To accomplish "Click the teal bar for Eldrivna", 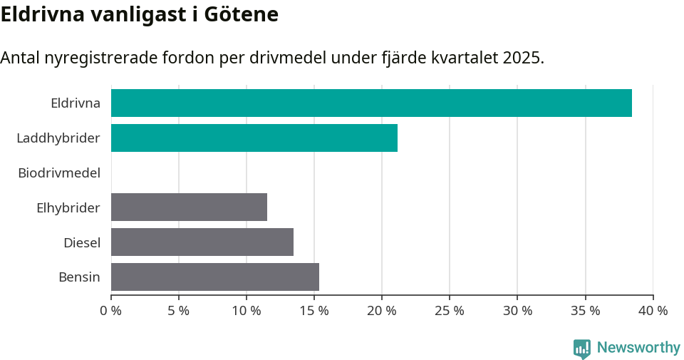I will click(x=371, y=103).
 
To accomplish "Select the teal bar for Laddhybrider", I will click(x=254, y=138).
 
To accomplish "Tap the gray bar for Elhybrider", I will click(x=189, y=207).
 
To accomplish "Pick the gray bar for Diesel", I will click(x=202, y=242).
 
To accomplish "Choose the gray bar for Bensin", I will click(x=215, y=277).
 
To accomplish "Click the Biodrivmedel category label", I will click(x=59, y=173).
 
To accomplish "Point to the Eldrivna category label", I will click(x=76, y=103).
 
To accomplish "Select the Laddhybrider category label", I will click(x=58, y=138).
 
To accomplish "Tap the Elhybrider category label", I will click(x=68, y=207).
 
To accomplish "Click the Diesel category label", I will click(x=82, y=242).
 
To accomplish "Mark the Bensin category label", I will click(x=79, y=277).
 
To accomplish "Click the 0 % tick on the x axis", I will click(x=111, y=311).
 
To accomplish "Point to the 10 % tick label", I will click(x=247, y=311).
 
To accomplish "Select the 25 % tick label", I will click(x=450, y=311).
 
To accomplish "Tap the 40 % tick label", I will click(x=653, y=311).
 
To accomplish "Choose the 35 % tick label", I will click(x=585, y=311).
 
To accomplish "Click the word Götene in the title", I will click(x=241, y=14).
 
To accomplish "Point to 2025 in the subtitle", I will click(x=522, y=58).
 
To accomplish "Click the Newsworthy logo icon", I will click(x=582, y=348).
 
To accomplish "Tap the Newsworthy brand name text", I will click(x=638, y=347).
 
